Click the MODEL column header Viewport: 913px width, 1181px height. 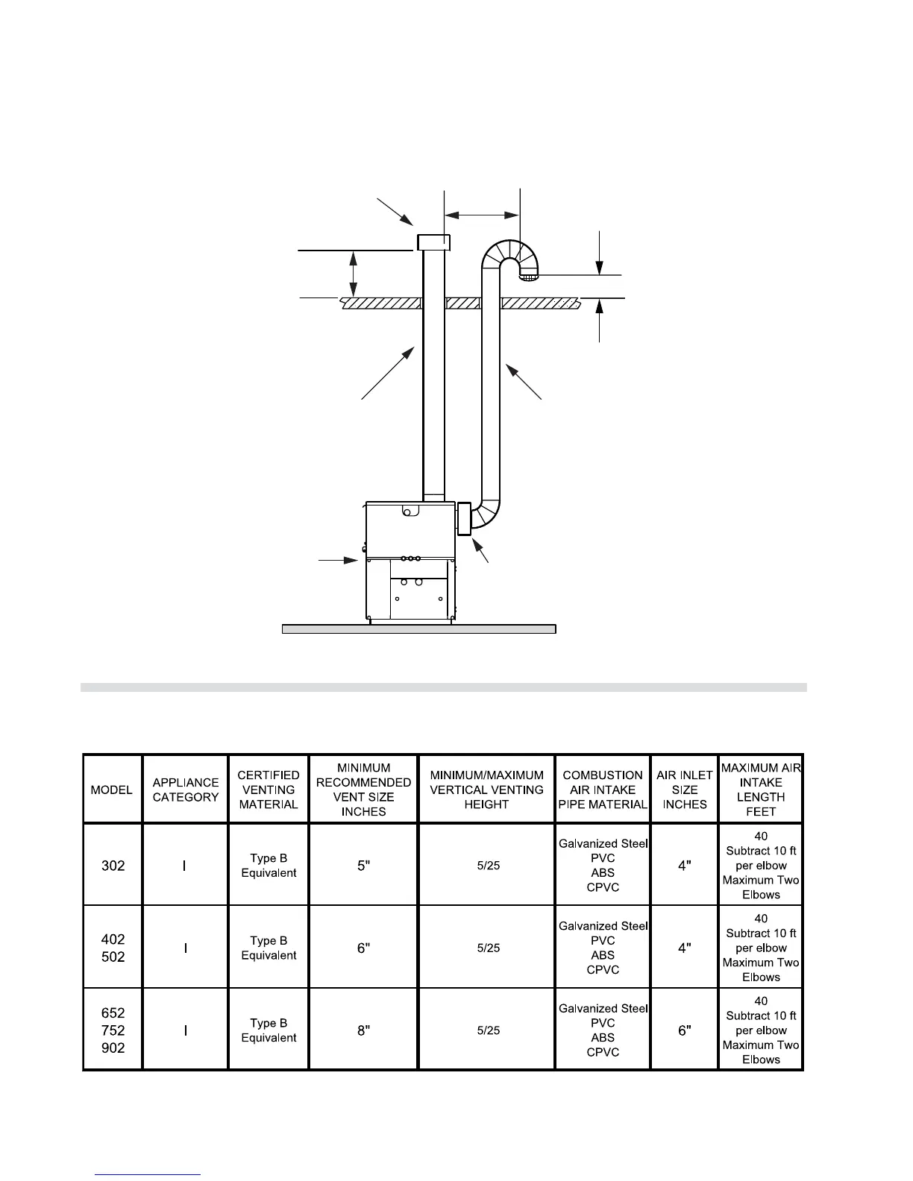[112, 790]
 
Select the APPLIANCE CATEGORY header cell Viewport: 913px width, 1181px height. [186, 790]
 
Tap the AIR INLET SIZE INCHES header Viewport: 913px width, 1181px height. [685, 790]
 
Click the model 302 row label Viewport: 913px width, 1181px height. [113, 866]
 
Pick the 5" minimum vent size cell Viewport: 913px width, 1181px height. [363, 866]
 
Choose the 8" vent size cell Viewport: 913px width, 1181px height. [363, 1030]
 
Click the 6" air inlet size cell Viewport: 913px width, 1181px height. [685, 1030]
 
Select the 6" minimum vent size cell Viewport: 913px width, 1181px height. [363, 948]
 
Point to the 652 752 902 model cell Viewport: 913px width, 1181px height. [113, 1030]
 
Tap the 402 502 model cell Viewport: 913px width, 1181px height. [113, 948]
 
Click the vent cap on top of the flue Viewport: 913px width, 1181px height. [433, 242]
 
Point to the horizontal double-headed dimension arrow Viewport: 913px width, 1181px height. [482, 215]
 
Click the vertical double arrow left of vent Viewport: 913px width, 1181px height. [354, 274]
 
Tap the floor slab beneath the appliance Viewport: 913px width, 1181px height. [418, 629]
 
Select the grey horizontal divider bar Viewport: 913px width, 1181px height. [443, 687]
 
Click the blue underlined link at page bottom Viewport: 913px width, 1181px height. [148, 1174]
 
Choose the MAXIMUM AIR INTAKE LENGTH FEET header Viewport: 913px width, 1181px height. [761, 790]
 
